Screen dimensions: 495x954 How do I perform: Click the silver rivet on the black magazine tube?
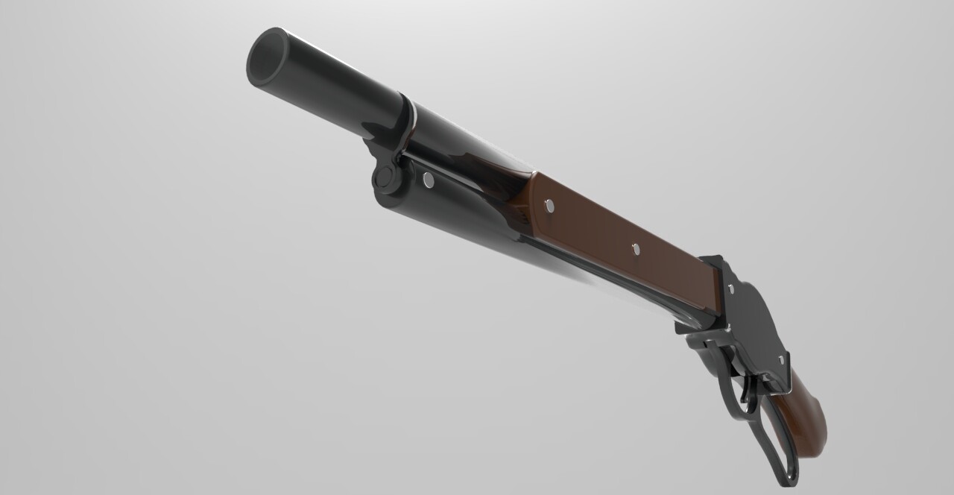pos(428,179)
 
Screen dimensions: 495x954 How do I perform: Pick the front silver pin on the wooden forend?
pos(550,206)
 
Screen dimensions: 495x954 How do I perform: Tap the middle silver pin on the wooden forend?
pos(636,250)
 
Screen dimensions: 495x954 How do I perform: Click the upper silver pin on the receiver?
pos(730,288)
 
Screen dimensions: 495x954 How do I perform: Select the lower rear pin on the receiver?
pos(781,360)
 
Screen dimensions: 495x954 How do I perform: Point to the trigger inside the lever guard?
pos(747,391)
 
